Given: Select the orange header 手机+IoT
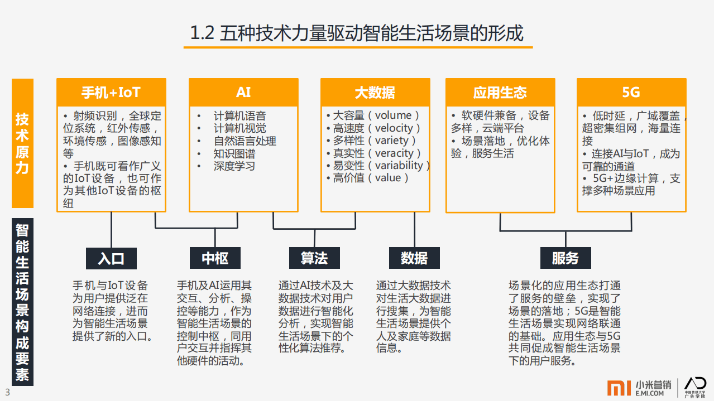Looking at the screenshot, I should pyautogui.click(x=111, y=92).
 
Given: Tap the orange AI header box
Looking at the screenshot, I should pyautogui.click(x=243, y=92).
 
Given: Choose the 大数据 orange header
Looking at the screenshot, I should pyautogui.click(x=375, y=92).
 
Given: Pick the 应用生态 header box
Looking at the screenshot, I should pyautogui.click(x=500, y=92).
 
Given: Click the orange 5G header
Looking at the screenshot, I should pyautogui.click(x=631, y=92).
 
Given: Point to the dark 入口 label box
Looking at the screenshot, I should pyautogui.click(x=111, y=258).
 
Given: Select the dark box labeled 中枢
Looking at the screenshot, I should pyautogui.click(x=215, y=258).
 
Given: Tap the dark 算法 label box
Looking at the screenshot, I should pyautogui.click(x=314, y=258).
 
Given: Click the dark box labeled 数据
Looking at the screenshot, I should pyautogui.click(x=414, y=258).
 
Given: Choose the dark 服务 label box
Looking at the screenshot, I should pyautogui.click(x=566, y=258).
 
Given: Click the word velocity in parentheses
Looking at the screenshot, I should pyautogui.click(x=394, y=128).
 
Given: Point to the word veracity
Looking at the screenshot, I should pyautogui.click(x=394, y=153).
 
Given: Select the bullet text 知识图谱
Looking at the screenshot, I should pyautogui.click(x=234, y=153).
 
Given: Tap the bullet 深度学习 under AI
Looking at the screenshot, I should pyautogui.click(x=234, y=166).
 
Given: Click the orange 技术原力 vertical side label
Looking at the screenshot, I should pyautogui.click(x=22, y=143).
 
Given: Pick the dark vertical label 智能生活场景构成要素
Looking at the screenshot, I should pyautogui.click(x=22, y=302).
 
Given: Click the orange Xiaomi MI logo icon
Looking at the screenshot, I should pyautogui.click(x=619, y=388).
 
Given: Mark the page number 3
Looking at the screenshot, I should pyautogui.click(x=7, y=392).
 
